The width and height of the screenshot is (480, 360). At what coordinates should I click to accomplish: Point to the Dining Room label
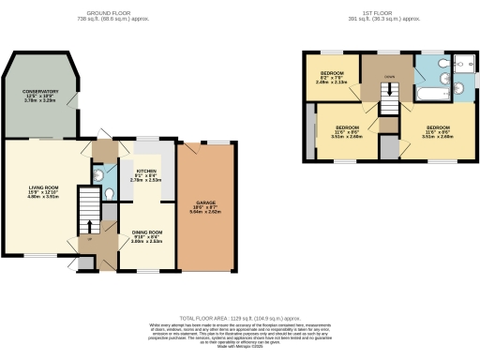coord(147,235)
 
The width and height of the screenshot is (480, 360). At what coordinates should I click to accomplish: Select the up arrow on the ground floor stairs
coord(89,226)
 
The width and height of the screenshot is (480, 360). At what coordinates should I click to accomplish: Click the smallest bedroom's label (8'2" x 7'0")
coord(333,77)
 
